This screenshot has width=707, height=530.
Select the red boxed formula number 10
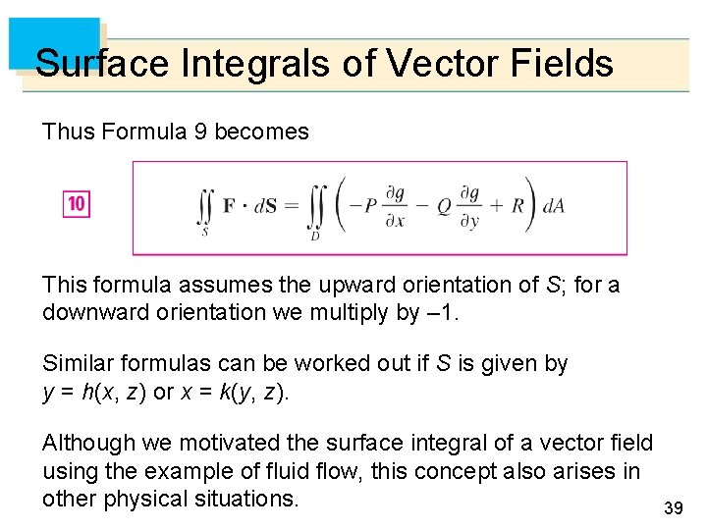[x=77, y=204]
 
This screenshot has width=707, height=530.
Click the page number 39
[x=673, y=507]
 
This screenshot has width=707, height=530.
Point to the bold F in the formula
[x=229, y=206]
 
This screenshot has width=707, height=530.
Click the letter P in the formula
[x=370, y=206]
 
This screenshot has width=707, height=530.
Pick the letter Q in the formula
[x=443, y=206]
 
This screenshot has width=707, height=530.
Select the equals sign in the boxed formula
[x=292, y=206]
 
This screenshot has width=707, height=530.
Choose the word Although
[x=86, y=444]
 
